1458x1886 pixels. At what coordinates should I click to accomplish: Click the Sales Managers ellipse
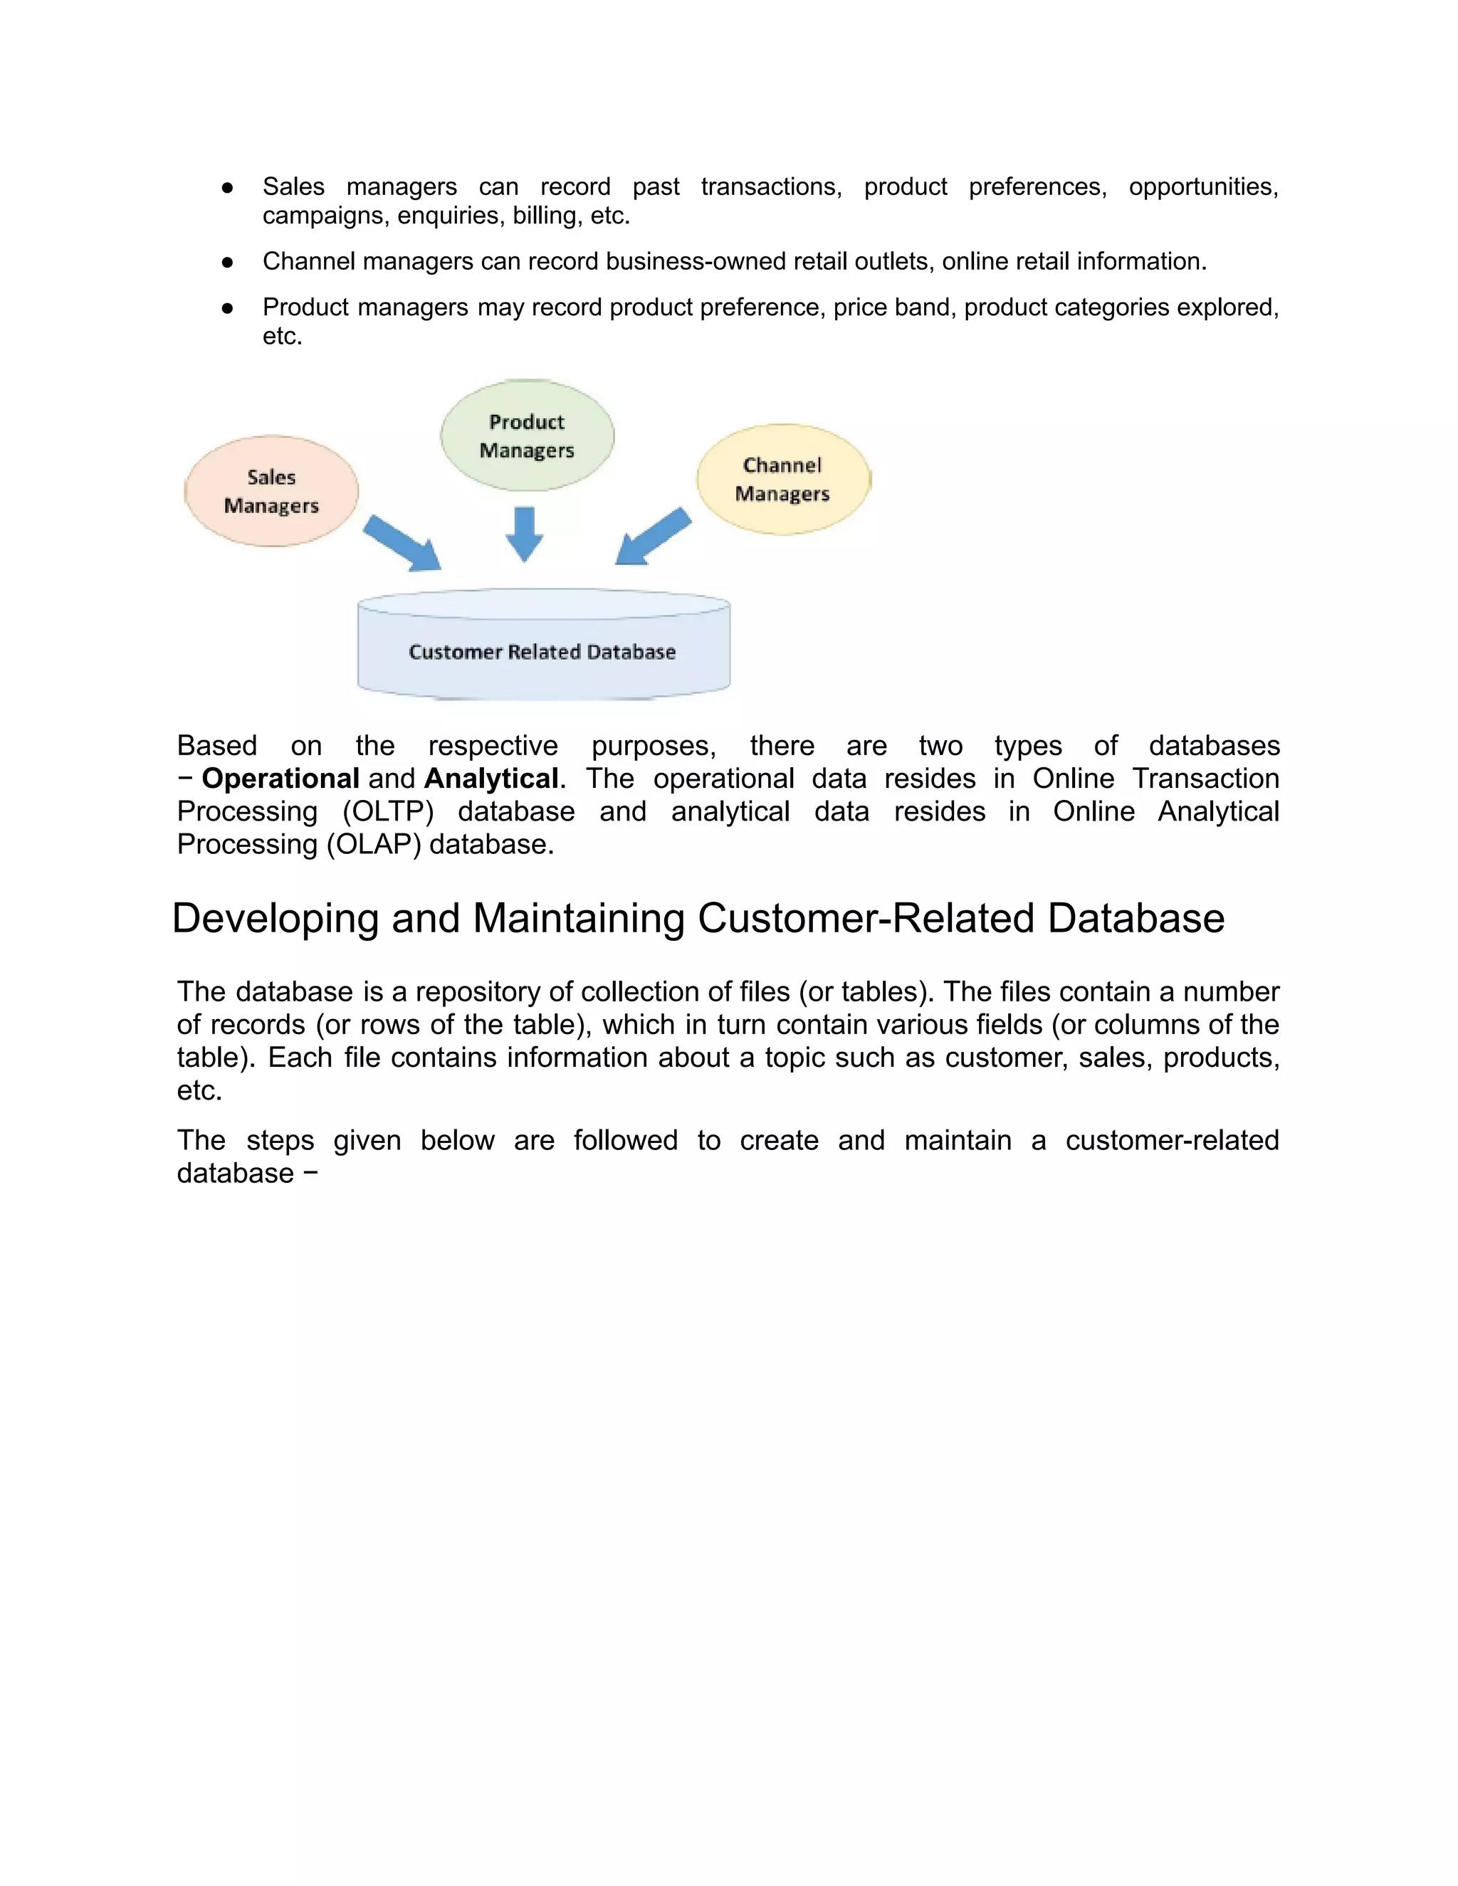(x=271, y=490)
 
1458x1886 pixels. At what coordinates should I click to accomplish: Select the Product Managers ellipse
(x=527, y=436)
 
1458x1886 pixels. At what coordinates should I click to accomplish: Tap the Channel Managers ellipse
(x=782, y=479)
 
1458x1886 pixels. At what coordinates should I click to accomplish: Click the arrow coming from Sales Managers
(x=402, y=543)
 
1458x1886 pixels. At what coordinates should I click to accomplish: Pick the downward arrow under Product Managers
(x=524, y=533)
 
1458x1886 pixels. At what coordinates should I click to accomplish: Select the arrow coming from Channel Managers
(x=654, y=537)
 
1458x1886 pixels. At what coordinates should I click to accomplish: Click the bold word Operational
(x=280, y=779)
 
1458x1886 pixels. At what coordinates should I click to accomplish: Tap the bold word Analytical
(x=491, y=779)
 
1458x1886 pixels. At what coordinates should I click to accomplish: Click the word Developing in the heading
(x=276, y=918)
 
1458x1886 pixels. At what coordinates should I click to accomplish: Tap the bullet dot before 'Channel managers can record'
(x=227, y=262)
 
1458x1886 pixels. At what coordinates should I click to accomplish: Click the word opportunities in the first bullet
(x=1203, y=186)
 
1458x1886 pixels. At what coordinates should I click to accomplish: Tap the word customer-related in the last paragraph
(x=1171, y=1141)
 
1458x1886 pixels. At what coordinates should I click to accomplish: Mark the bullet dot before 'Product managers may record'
(x=227, y=307)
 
